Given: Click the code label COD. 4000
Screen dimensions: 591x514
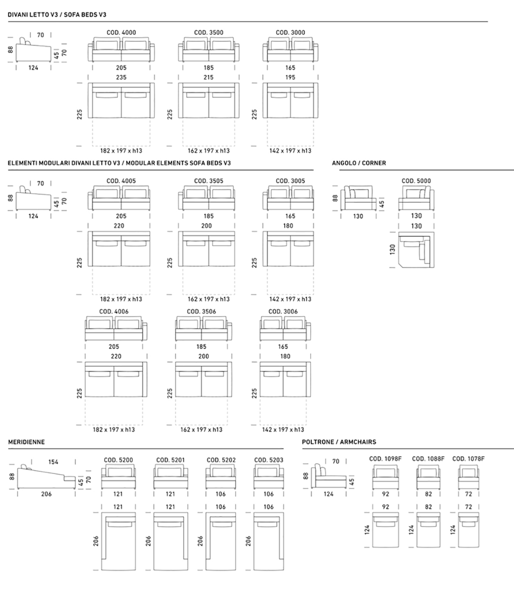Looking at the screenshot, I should (x=121, y=33).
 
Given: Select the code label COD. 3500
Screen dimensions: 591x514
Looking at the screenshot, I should (x=209, y=33).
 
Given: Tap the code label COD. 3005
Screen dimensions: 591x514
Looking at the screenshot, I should (x=290, y=181).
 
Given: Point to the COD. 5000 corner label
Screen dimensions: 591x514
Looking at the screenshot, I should (x=416, y=181).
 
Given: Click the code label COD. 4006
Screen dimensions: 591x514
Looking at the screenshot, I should (x=114, y=312).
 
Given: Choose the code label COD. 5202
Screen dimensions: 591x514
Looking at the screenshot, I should (x=221, y=460).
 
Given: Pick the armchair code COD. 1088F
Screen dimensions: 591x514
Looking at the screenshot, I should (x=428, y=459).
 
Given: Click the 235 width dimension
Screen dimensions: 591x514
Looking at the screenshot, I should (x=121, y=77).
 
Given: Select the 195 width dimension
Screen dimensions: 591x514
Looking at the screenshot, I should (x=290, y=77).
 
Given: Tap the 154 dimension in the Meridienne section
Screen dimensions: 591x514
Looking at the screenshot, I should (x=53, y=462).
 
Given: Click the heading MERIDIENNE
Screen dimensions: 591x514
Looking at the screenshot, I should (x=27, y=442).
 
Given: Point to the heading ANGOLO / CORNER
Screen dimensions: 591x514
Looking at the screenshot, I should (x=359, y=163).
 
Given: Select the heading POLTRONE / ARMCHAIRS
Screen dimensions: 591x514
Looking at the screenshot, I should (x=339, y=442).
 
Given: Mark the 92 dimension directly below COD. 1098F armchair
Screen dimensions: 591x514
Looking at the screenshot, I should (x=386, y=494).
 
